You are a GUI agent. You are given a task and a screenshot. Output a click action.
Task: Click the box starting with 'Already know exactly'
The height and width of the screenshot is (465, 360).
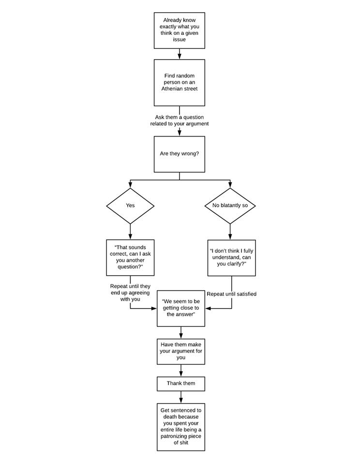179,30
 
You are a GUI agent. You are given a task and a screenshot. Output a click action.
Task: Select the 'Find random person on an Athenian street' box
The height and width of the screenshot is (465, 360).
179,82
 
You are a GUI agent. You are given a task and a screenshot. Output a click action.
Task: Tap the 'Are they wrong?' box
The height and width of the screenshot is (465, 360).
179,154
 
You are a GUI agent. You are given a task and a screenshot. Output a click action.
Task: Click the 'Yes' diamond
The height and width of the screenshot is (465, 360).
130,206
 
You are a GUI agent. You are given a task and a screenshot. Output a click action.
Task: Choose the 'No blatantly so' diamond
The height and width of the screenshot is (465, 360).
230,206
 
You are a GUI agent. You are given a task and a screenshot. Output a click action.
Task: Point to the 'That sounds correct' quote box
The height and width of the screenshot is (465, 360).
130,257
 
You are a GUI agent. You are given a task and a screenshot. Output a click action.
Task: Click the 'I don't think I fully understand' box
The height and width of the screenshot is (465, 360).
231,258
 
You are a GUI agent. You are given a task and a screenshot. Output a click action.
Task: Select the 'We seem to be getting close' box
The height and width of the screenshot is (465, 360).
181,309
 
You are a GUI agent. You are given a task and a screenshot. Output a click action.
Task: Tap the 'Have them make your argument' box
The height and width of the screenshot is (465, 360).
181,352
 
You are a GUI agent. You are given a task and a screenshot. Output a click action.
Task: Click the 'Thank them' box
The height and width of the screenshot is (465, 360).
181,384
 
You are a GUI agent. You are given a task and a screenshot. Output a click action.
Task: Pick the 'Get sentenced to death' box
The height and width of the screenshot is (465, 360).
181,427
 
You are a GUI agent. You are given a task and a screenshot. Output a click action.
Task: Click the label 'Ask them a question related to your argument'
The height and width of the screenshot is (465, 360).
179,121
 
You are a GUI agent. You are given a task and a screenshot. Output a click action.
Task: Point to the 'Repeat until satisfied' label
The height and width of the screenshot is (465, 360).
231,294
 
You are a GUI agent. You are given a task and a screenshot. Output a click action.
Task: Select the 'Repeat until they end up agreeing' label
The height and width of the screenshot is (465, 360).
130,293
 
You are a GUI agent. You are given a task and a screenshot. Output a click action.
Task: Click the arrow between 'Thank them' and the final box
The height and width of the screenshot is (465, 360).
181,397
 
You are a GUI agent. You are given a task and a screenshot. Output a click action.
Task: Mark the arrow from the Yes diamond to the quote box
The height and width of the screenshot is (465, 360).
130,232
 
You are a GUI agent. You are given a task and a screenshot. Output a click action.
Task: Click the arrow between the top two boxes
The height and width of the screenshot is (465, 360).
179,54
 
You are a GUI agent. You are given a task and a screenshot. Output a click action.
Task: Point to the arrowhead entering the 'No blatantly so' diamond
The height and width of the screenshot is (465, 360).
230,186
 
